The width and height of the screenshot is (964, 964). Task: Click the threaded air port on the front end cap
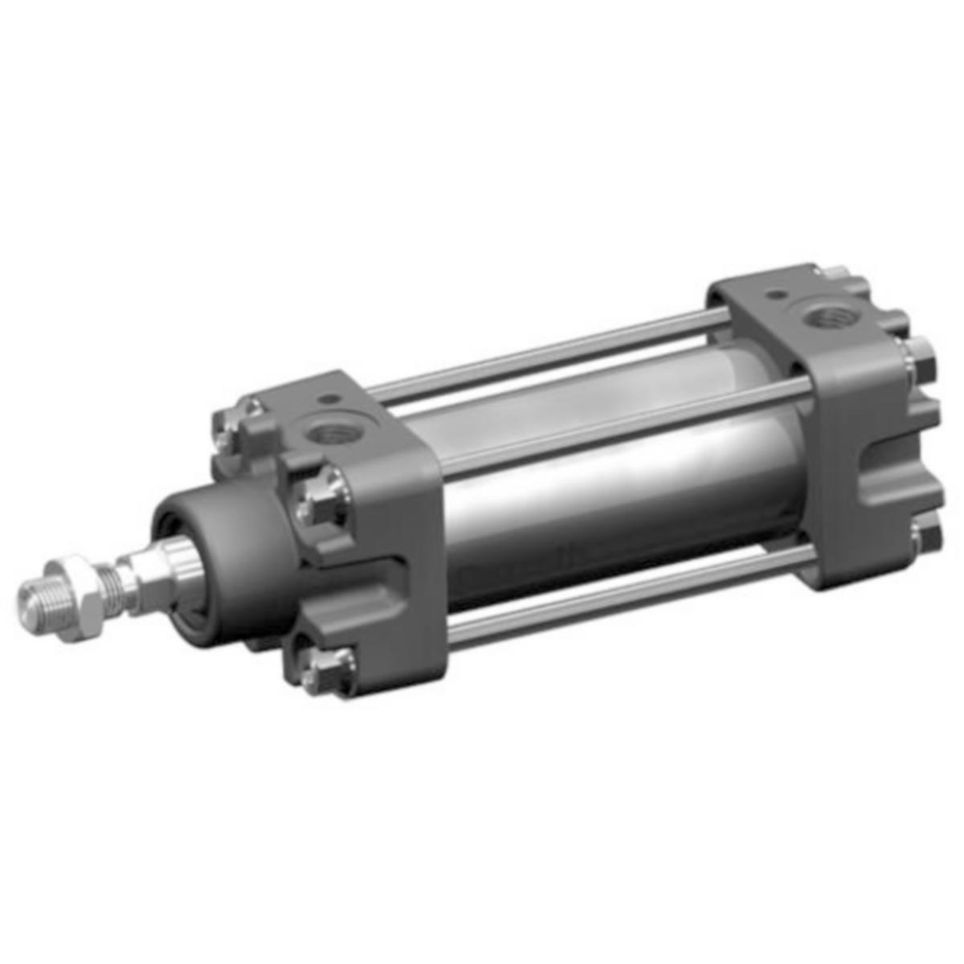[x=329, y=435]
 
